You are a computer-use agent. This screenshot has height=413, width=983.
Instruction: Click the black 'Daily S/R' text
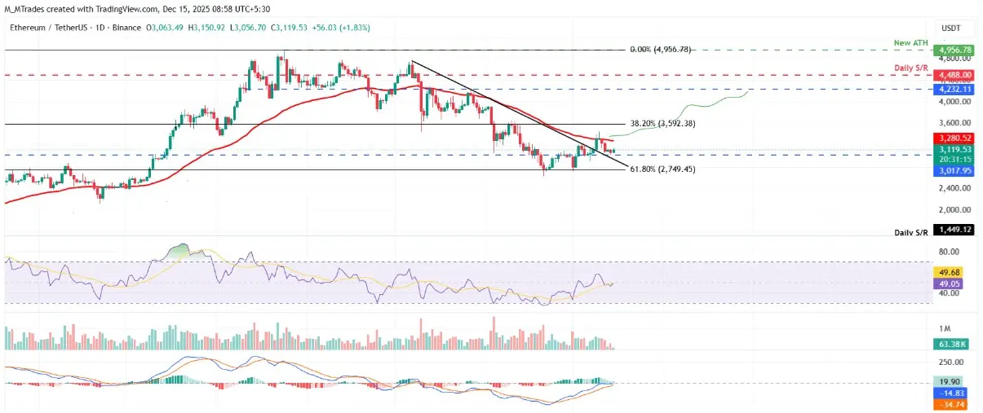point(910,232)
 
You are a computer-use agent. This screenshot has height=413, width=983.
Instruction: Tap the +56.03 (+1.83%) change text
point(323,27)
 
